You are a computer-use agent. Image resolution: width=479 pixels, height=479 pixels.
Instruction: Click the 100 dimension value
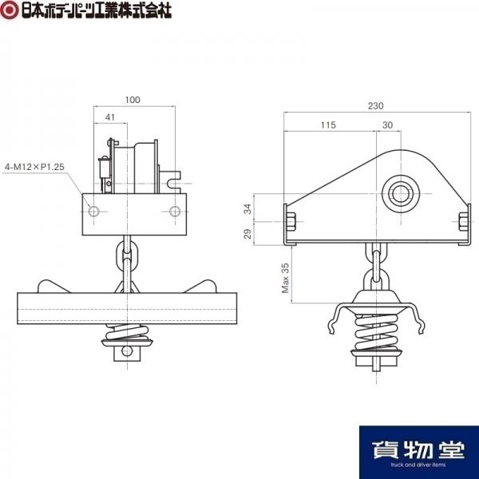[x=133, y=100]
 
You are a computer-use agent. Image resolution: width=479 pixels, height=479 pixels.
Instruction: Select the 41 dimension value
[x=109, y=117]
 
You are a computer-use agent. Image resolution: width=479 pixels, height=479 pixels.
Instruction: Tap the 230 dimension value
[x=375, y=106]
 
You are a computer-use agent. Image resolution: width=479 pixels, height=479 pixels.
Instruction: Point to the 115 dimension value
[x=328, y=125]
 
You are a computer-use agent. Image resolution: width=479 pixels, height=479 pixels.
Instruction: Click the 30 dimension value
[x=387, y=125]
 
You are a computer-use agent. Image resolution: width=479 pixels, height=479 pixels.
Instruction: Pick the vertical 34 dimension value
[x=247, y=209]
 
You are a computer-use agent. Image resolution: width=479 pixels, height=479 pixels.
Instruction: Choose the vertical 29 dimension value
[x=247, y=234]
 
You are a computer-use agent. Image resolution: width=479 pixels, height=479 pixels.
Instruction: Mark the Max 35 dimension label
[x=285, y=278]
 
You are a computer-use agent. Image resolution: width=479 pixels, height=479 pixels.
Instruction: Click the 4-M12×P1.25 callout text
[x=34, y=167]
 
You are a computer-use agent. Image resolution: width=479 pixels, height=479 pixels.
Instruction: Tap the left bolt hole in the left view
[x=93, y=211]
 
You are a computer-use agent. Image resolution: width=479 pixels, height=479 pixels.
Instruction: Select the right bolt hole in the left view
[x=175, y=211]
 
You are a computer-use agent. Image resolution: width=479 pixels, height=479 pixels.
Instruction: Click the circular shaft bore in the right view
[x=400, y=194]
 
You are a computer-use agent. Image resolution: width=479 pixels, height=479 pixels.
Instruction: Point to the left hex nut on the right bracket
[x=291, y=222]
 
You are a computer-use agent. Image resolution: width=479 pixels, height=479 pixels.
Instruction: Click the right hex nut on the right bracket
[x=463, y=222]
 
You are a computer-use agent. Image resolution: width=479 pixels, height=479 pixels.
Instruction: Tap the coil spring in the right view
[x=376, y=332]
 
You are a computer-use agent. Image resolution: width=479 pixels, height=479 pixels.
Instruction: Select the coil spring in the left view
[x=128, y=332]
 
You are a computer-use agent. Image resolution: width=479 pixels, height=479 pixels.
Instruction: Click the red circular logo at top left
[x=10, y=10]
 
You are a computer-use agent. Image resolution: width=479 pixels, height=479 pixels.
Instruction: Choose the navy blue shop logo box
[x=419, y=452]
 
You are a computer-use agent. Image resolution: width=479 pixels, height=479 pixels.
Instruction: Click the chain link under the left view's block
[x=128, y=254]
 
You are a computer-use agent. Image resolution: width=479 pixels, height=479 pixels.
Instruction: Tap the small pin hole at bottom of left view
[x=128, y=351]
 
